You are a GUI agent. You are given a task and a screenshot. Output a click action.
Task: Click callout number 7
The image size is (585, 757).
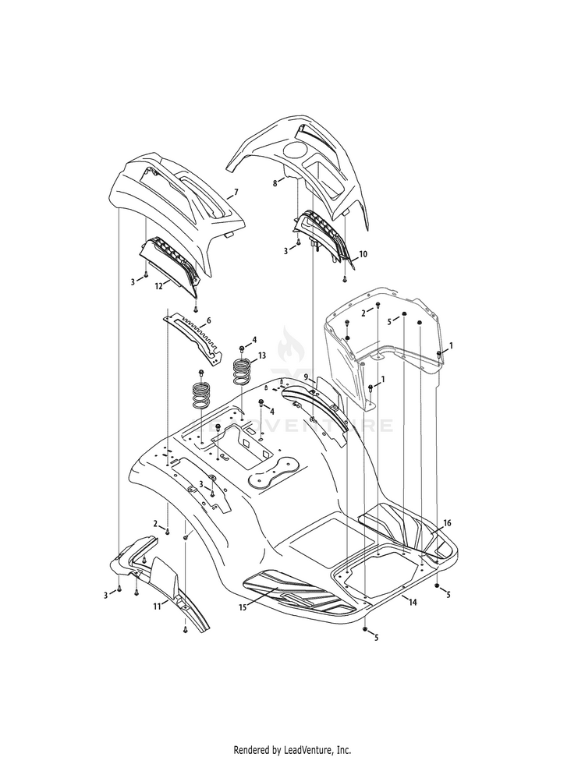coord(236,192)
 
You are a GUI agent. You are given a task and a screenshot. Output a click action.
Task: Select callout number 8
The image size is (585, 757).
coord(275,183)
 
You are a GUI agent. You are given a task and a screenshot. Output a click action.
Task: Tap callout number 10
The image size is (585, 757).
coord(363,254)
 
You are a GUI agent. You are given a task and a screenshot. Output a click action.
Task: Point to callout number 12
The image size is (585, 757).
coord(158,286)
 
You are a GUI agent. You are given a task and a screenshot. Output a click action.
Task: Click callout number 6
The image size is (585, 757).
coord(208,320)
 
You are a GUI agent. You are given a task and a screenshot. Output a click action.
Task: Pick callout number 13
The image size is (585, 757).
coord(262,356)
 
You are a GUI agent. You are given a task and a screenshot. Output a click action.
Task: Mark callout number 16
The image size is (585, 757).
coord(447,523)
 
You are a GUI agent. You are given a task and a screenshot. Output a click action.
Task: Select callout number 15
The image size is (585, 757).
coord(243,607)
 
